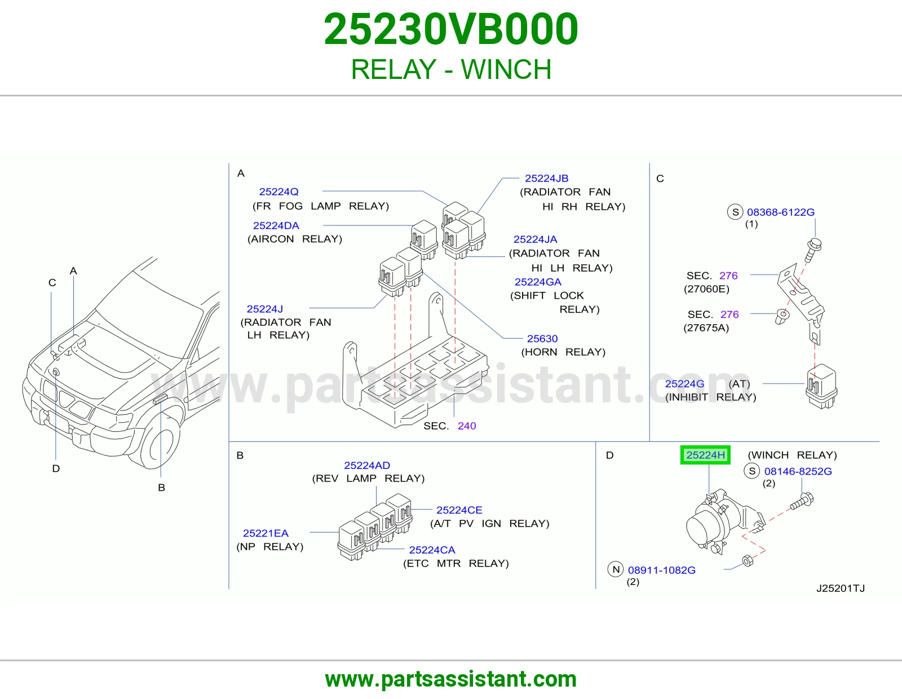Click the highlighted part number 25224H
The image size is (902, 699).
(705, 455)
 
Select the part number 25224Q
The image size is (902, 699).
(278, 192)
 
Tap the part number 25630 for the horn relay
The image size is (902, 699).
(542, 339)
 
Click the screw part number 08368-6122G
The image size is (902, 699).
(780, 212)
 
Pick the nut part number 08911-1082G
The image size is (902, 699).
(661, 570)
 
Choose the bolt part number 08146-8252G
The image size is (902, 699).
(798, 471)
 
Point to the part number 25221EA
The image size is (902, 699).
(266, 533)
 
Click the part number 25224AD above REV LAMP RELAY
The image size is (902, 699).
(367, 465)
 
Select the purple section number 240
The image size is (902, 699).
(467, 426)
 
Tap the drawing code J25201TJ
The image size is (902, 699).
(841, 588)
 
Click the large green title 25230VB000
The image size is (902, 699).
(451, 29)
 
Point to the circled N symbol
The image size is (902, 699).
(616, 569)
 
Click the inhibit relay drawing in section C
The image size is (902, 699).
(821, 387)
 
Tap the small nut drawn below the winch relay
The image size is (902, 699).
(747, 561)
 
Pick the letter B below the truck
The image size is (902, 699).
(161, 487)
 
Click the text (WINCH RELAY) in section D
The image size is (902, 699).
(792, 455)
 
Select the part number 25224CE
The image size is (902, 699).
(459, 510)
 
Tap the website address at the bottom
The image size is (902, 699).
(451, 679)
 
